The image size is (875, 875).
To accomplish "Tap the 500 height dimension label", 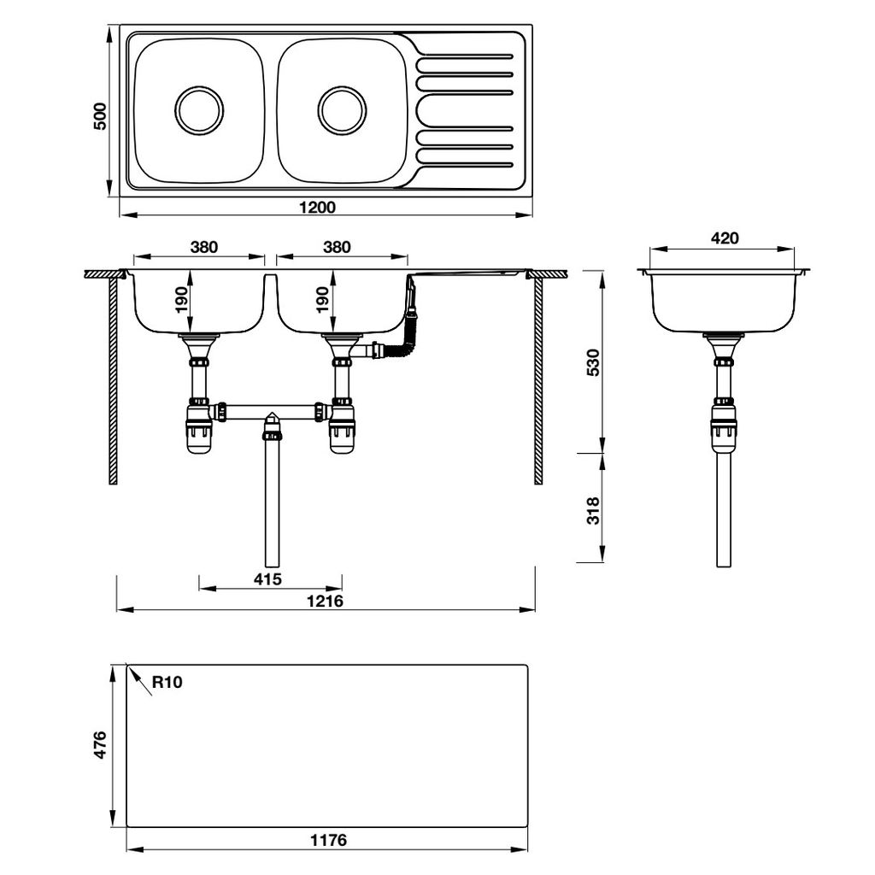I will pyautogui.click(x=100, y=115).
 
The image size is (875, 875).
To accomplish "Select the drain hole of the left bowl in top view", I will pyautogui.click(x=199, y=109).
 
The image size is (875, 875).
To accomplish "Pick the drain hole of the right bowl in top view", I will pyautogui.click(x=342, y=109).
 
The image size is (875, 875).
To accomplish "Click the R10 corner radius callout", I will pyautogui.click(x=167, y=682).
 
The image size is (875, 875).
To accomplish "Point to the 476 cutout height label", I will pyautogui.click(x=101, y=745).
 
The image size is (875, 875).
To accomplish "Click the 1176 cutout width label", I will pyautogui.click(x=327, y=840).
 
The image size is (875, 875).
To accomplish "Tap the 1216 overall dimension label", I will pyautogui.click(x=325, y=601).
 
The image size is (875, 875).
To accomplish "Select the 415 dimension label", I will pyautogui.click(x=268, y=578).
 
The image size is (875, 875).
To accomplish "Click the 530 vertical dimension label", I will pyautogui.click(x=596, y=362).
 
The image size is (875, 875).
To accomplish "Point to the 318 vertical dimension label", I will pyautogui.click(x=596, y=510).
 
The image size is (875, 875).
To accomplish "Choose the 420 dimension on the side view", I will pyautogui.click(x=724, y=238).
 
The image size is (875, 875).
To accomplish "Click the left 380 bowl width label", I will pyautogui.click(x=203, y=247).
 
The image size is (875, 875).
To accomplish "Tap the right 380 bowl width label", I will pyautogui.click(x=338, y=247).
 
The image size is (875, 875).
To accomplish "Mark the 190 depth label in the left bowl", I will pyautogui.click(x=180, y=299).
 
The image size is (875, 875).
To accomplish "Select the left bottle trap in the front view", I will pyautogui.click(x=199, y=430).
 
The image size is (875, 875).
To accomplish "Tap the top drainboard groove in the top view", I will pyautogui.click(x=465, y=56).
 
